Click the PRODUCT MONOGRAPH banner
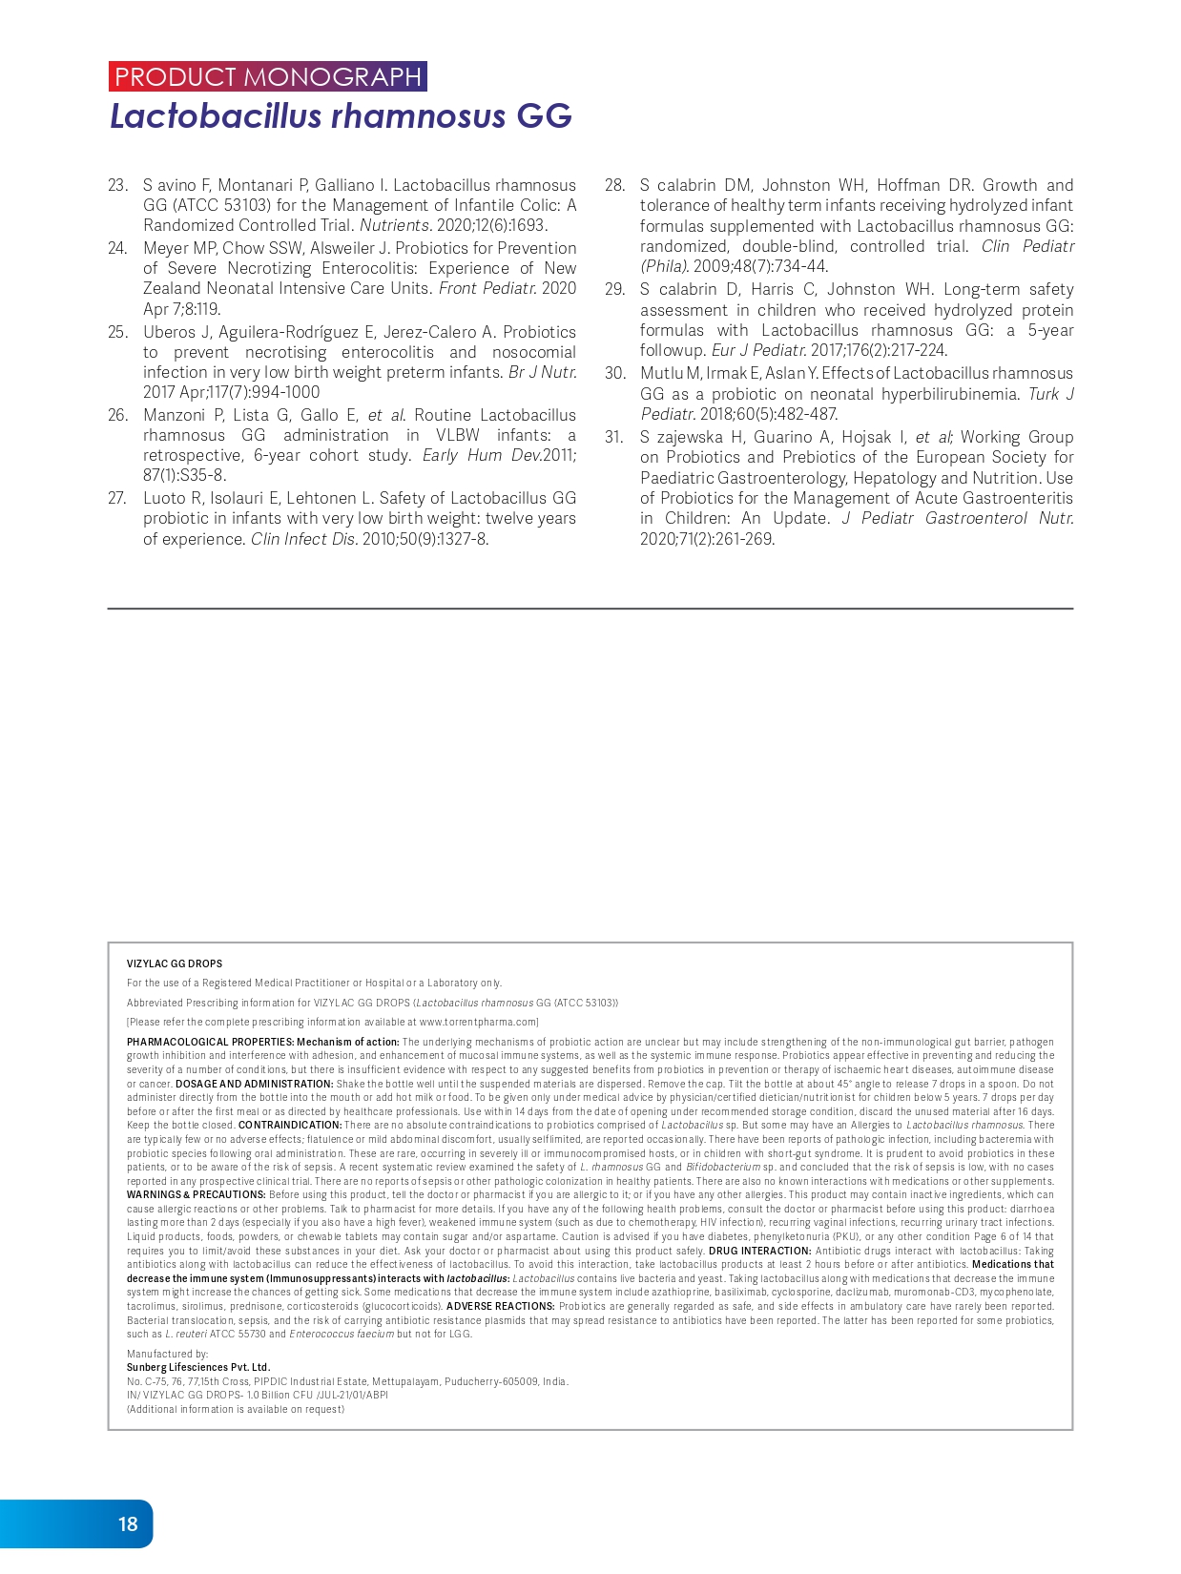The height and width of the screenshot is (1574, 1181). point(268,76)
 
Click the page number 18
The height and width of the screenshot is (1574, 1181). point(128,1523)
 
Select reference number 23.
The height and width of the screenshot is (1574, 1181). point(117,185)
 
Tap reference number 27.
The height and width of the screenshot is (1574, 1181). point(117,498)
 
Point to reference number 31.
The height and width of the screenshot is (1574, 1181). point(614,437)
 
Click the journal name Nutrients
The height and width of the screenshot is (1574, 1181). point(395,226)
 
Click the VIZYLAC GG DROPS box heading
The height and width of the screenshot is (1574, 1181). point(175,963)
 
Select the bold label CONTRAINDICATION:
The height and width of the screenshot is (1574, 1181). point(290,1125)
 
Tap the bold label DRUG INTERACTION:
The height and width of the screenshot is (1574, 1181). point(759,1251)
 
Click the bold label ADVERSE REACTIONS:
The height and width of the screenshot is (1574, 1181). point(500,1306)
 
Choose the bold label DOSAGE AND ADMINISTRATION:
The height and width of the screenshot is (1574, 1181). point(255,1084)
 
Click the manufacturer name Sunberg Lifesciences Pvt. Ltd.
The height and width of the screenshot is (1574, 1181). point(198,1367)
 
